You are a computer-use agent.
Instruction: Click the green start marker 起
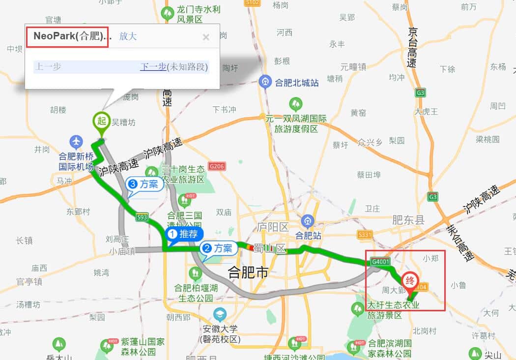[x=102, y=120]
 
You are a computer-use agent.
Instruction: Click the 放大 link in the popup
[x=128, y=36]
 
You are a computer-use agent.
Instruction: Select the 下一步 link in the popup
[x=153, y=66]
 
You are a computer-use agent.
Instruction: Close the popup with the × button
[x=206, y=37]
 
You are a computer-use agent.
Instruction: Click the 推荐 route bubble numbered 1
[x=184, y=235]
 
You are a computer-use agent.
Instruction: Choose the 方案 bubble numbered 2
[x=218, y=248]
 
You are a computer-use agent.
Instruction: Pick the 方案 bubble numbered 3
[x=144, y=184]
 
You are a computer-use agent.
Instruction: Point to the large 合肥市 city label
[x=248, y=272]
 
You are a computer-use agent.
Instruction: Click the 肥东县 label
[x=408, y=220]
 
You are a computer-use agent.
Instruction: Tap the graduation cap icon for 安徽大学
[x=219, y=313]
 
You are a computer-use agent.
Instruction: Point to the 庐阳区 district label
[x=273, y=227]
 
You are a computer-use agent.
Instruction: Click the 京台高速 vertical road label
[x=412, y=47]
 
